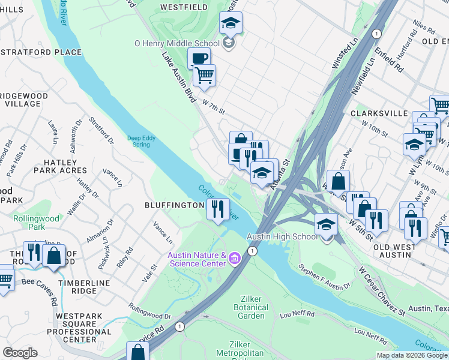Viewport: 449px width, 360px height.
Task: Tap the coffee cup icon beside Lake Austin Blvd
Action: (199, 58)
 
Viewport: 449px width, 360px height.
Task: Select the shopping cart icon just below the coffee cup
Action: (204, 75)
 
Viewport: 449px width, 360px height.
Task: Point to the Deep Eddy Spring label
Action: (142, 141)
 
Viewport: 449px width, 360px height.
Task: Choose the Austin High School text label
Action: (282, 236)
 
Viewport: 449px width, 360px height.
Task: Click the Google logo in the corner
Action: (20, 353)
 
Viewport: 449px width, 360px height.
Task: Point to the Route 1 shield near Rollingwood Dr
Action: (179, 326)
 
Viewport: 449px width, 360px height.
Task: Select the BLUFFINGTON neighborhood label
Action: (175, 205)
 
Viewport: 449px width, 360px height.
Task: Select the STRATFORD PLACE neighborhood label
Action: (42, 52)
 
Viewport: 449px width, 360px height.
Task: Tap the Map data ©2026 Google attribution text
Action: (411, 355)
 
